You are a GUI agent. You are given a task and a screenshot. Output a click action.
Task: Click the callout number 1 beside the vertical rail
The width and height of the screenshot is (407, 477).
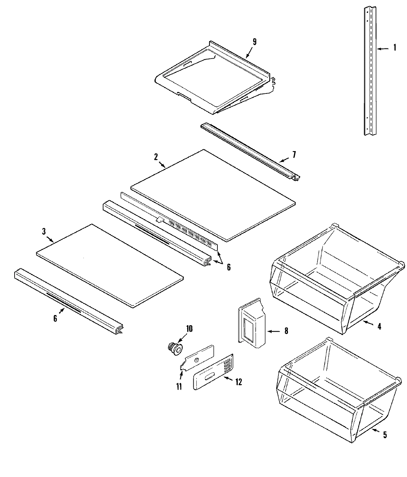coord(394,48)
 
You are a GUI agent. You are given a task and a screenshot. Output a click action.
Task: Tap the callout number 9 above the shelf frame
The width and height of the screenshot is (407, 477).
coord(254,42)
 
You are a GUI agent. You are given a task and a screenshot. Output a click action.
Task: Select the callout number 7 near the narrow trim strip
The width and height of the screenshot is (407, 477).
coord(294,155)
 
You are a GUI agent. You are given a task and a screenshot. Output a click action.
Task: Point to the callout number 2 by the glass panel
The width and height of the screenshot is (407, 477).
coord(156,157)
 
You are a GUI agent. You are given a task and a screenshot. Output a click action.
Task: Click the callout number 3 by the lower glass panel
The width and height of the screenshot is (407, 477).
coord(44,232)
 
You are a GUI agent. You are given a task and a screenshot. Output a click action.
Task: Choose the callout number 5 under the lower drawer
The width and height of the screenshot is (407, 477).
coord(385,435)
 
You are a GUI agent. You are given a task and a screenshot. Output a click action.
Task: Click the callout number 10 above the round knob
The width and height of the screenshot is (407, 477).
coord(189,328)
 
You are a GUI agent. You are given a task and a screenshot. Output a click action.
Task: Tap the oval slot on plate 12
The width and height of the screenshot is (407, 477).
coord(209,375)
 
